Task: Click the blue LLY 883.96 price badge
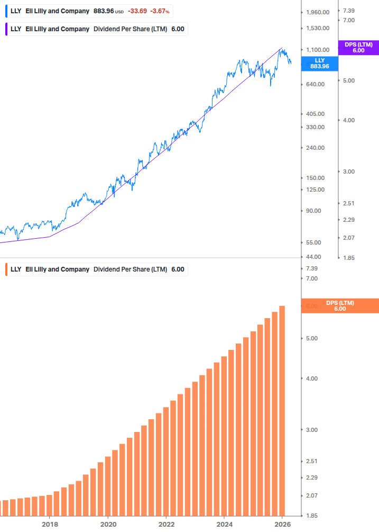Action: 319,64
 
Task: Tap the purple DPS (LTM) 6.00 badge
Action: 358,48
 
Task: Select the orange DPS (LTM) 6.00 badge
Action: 339,306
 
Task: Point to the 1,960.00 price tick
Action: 318,12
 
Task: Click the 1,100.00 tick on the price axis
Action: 318,50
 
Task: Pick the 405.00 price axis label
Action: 316,114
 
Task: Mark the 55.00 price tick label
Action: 315,242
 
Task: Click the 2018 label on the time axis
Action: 50,525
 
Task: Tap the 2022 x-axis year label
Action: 166,525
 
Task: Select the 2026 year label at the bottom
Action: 283,525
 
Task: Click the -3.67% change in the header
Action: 160,11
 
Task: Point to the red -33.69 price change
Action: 137,11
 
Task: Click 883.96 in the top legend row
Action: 104,11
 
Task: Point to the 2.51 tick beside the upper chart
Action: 348,203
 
